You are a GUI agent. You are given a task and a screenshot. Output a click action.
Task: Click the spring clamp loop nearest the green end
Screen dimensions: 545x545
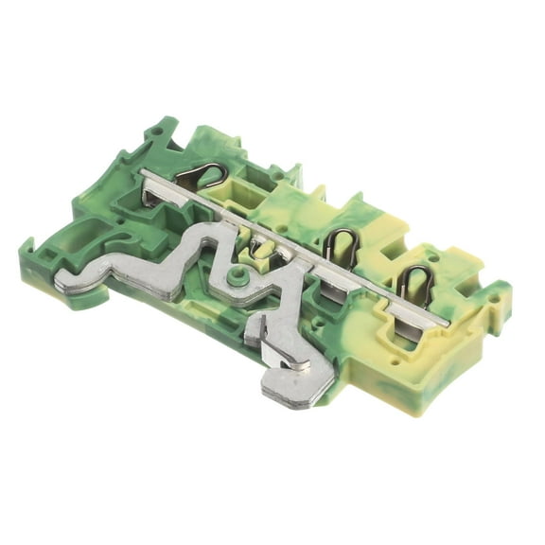tap(202, 175)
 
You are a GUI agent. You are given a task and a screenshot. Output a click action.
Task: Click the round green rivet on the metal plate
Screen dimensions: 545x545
tap(238, 277)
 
